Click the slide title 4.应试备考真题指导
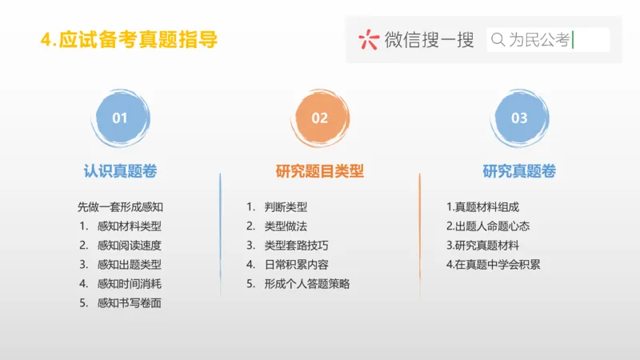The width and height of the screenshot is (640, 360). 128,39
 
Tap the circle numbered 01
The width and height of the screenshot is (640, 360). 120,118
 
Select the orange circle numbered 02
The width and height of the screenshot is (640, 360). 320,118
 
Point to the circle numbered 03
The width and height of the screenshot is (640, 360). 519,118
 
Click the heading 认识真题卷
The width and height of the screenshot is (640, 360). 120,171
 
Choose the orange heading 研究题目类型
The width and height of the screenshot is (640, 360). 320,171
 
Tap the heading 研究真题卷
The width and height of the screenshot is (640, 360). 519,171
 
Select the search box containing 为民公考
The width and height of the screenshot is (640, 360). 548,40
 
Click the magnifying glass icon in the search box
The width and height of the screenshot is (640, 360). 498,40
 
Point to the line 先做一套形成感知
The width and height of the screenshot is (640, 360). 120,206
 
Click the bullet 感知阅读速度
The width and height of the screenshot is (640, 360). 129,245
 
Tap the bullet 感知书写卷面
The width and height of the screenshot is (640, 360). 129,302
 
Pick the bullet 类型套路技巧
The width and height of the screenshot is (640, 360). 297,245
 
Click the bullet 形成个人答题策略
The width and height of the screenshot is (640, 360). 307,283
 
